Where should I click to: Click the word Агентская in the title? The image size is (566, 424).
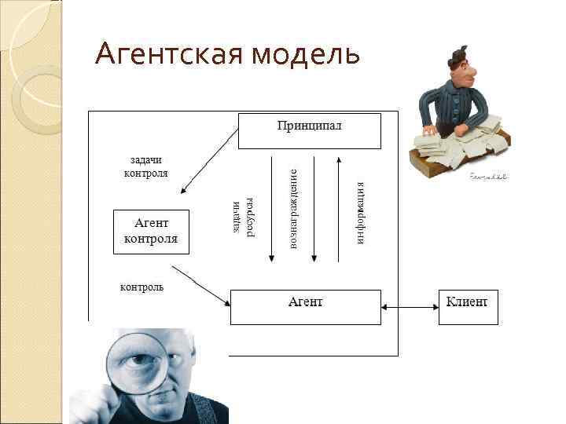pos(168,55)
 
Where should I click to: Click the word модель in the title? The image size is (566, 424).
pos(306,55)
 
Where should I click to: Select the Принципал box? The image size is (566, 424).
pos(309,130)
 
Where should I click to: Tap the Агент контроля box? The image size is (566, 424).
pos(152,231)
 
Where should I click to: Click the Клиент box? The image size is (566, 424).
pos(468,305)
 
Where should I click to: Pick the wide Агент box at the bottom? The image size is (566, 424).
pos(305,305)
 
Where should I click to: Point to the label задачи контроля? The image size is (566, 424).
pos(146,166)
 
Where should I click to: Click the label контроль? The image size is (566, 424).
pos(141,287)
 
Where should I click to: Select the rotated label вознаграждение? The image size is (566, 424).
pos(292,209)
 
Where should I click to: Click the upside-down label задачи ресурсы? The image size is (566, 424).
pos(243,217)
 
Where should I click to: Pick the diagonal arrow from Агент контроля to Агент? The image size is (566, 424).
pos(200,285)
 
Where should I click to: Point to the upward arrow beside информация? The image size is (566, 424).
pos(337,209)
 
